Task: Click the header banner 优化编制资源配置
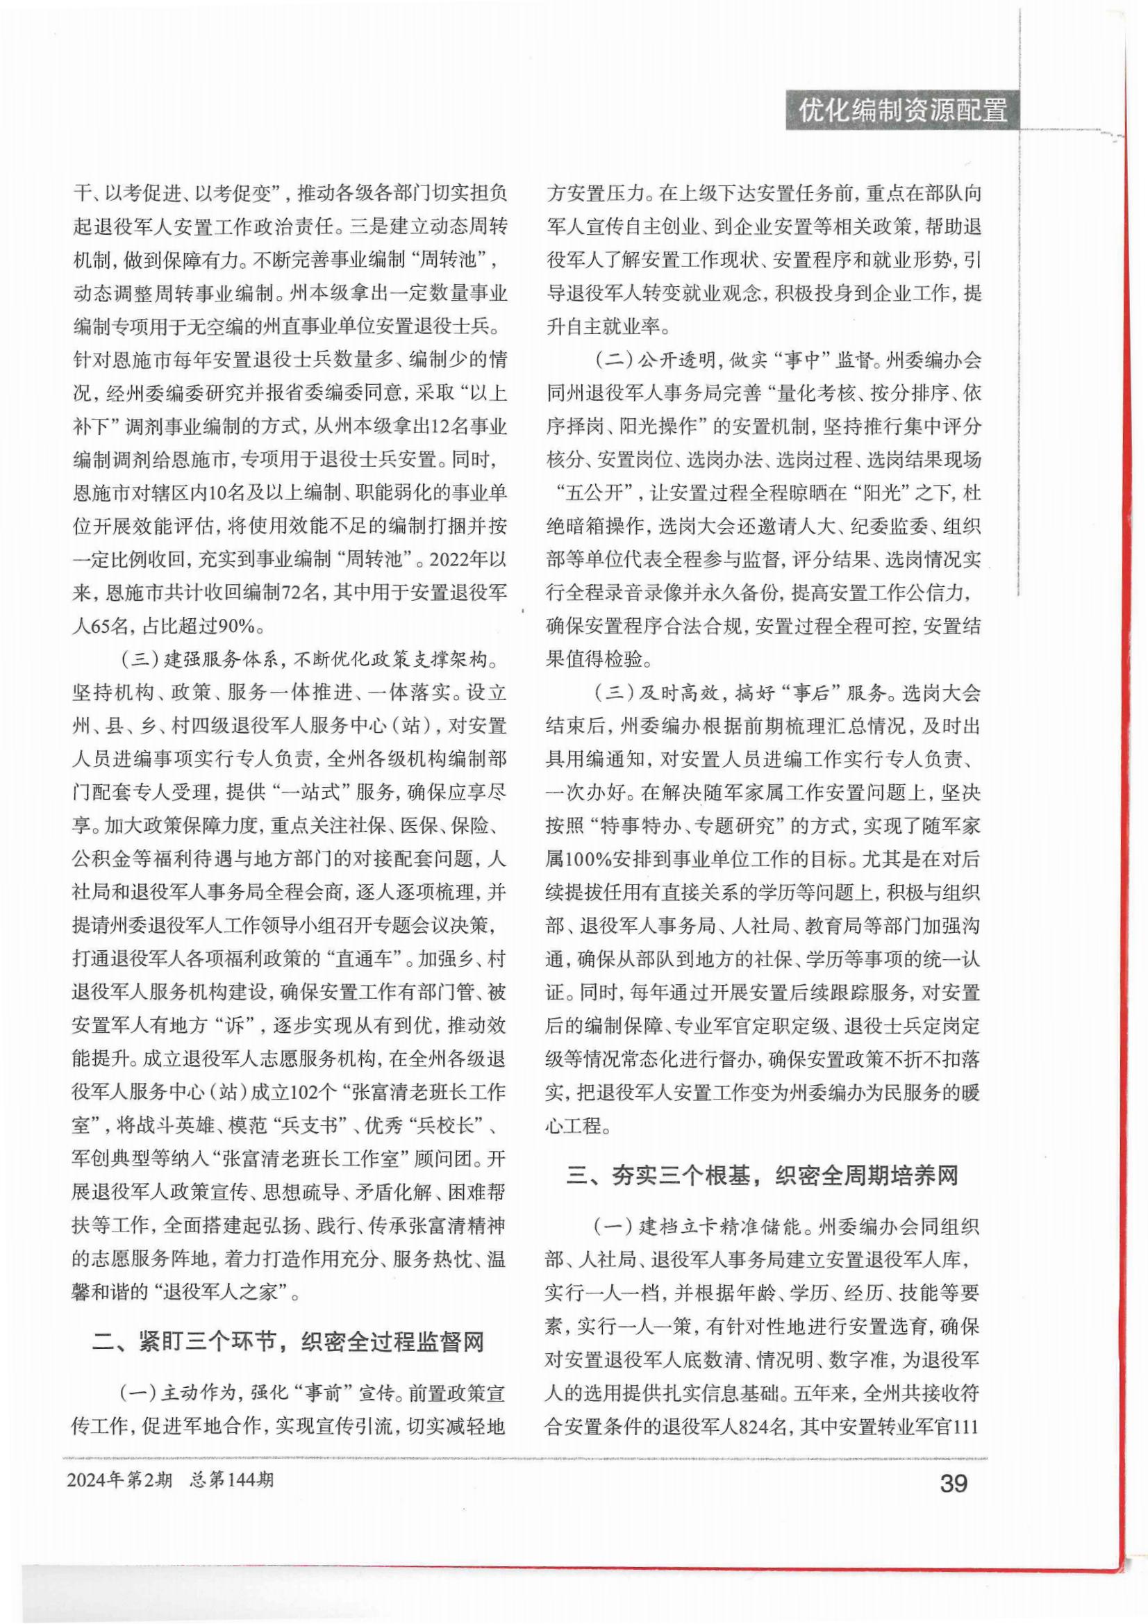point(903,111)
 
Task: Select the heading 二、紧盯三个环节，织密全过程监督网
point(289,1342)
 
